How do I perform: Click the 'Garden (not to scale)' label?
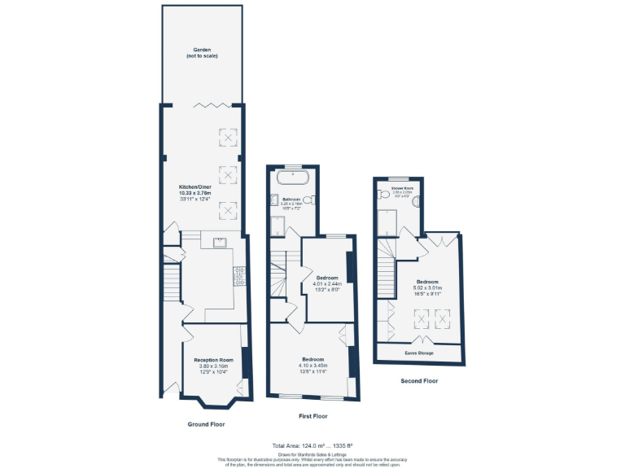click(x=201, y=53)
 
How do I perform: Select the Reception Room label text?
click(x=213, y=360)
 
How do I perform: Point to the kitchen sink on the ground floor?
click(x=219, y=242)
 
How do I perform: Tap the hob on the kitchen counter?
click(x=239, y=278)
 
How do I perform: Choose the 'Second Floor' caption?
click(x=419, y=380)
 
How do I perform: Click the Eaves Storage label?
click(x=419, y=353)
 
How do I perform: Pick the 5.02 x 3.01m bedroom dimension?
click(x=426, y=287)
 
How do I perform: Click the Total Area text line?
click(x=312, y=445)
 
